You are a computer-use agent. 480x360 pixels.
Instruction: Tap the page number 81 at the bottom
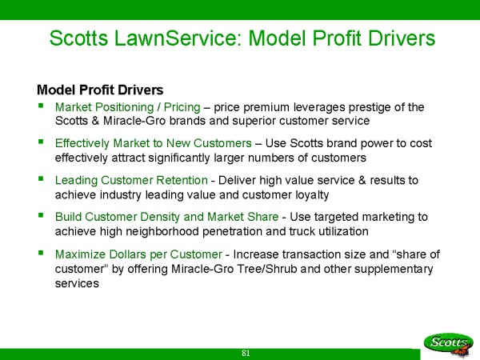point(246,353)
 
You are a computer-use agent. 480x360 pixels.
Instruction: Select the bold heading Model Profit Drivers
point(100,90)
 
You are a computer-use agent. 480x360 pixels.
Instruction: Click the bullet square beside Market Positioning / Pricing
point(41,106)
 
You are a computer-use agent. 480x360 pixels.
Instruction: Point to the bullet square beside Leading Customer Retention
point(41,178)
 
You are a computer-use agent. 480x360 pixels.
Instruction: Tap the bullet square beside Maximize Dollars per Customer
point(41,253)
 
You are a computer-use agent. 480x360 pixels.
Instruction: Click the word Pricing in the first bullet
point(182,108)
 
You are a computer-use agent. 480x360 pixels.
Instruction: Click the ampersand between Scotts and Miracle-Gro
point(95,121)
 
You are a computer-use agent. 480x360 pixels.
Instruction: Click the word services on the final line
point(77,284)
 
